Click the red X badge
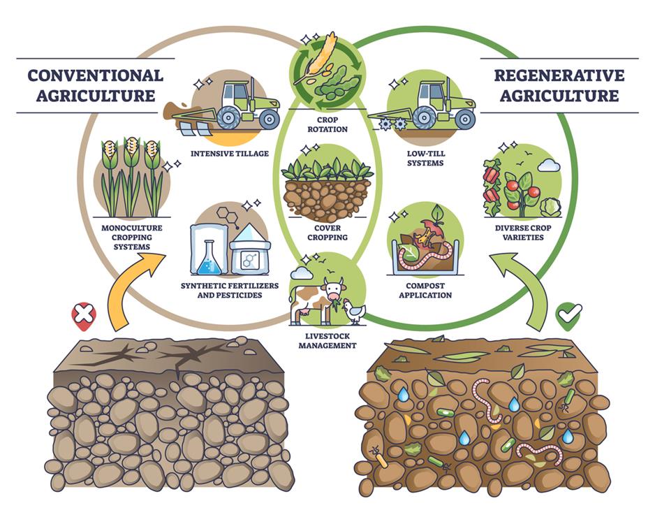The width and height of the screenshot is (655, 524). pos(83,316)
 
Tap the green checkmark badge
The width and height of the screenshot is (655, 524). pos(569,316)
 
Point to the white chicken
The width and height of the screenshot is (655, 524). pos(355,310)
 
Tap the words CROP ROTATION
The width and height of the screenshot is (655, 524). pos(328,124)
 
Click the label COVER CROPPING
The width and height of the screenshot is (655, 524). pos(327,232)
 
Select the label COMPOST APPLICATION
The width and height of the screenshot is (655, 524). pos(425,290)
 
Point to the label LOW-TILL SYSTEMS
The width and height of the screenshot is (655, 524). pos(425,158)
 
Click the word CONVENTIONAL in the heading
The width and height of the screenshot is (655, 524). pos(95,75)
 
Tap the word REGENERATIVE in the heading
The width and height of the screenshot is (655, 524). pos(559,75)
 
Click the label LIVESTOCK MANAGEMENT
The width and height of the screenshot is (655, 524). pos(327,340)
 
